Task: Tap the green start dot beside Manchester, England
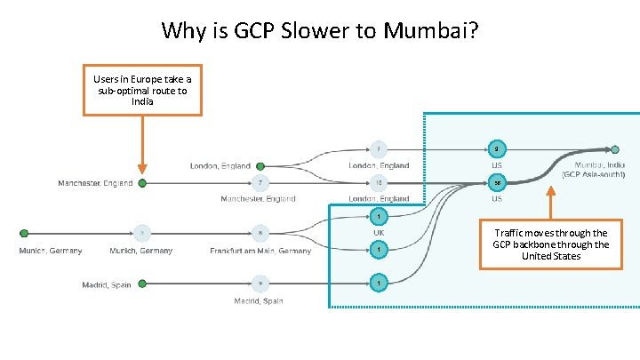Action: [x=142, y=183]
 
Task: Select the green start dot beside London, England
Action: [x=260, y=165]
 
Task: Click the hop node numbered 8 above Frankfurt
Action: [x=260, y=234]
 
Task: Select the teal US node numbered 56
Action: [x=498, y=182]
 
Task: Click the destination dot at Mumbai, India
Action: [x=615, y=148]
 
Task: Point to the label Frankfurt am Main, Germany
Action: [x=261, y=251]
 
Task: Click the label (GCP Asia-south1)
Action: [x=593, y=175]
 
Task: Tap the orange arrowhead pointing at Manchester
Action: [x=142, y=168]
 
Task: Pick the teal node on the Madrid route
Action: [x=379, y=283]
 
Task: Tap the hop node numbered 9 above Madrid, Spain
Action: [x=260, y=284]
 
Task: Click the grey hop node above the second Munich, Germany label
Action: [x=142, y=234]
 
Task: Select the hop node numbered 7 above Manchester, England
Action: [x=260, y=183]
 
